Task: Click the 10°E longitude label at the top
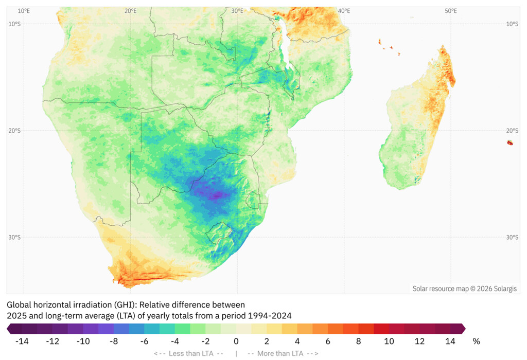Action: pos(24,11)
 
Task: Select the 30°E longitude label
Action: pos(237,11)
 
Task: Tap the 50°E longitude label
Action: pos(451,11)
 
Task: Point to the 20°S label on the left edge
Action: pos(14,131)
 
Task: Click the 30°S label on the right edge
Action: pos(512,237)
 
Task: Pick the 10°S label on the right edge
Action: pos(512,24)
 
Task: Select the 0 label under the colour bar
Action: pos(236,341)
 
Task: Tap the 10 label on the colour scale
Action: pos(389,341)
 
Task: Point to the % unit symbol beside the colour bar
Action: pos(476,341)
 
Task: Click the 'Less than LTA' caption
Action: pos(188,353)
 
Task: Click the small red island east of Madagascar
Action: pos(510,142)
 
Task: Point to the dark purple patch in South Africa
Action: pos(216,195)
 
